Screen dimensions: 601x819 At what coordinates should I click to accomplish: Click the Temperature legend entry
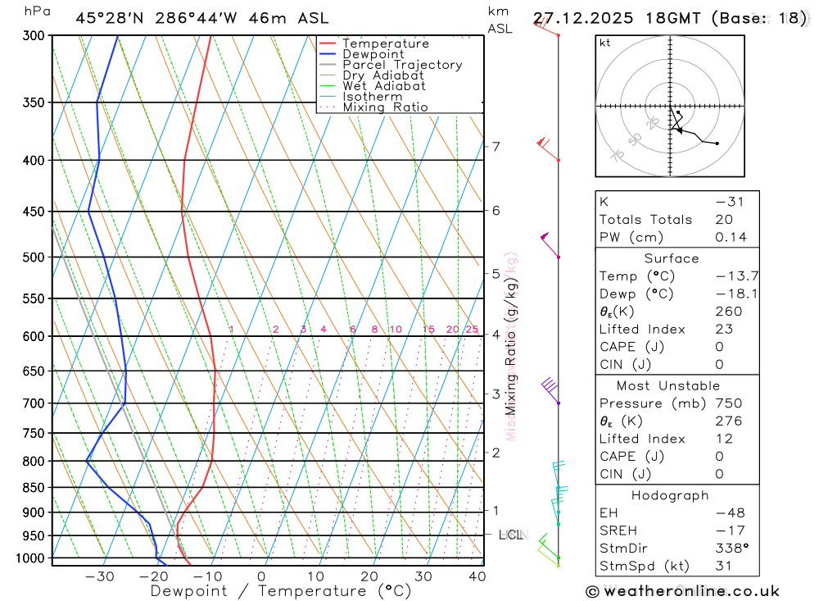coord(385,43)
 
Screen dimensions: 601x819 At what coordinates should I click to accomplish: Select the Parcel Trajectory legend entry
coord(402,65)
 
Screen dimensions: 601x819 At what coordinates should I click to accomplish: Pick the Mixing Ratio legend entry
coord(385,107)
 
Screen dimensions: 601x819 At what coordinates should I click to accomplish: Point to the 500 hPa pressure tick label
coord(33,257)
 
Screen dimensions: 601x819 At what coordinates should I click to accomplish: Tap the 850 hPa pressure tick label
coord(33,487)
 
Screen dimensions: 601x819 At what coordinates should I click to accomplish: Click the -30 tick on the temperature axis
coord(99,576)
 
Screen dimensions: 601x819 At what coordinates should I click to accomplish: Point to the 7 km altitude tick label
coord(495,147)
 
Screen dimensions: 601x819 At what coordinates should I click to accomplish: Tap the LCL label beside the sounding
coord(511,535)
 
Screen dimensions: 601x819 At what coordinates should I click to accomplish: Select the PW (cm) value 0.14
coord(728,238)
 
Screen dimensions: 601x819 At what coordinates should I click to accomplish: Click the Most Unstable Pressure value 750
coord(728,403)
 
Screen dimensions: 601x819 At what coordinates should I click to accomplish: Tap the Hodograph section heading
coord(671,496)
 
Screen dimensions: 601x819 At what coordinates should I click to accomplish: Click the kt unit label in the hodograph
coord(605,43)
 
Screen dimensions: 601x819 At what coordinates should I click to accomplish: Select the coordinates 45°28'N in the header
coord(111,18)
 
